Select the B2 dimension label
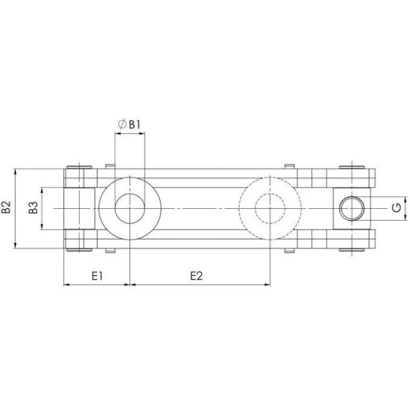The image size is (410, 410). (6, 208)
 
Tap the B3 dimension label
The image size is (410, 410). (33, 208)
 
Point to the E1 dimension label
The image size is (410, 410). (95, 276)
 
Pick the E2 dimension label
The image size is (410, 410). (197, 276)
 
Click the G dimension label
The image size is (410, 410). (393, 208)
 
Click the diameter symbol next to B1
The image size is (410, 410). (121, 124)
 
